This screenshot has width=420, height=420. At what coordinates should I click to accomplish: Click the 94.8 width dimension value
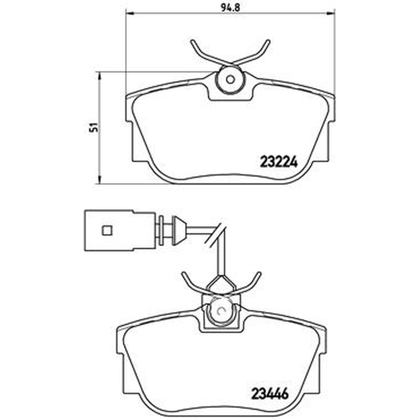[x=230, y=7]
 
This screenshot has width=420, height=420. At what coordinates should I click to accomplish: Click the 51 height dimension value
[x=94, y=128]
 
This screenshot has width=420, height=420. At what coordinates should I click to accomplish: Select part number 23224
[x=279, y=162]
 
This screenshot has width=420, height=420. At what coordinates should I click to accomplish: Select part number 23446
[x=270, y=394]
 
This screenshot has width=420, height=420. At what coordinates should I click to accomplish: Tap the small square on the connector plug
[x=107, y=230]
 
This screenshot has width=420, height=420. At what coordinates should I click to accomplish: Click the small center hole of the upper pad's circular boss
[x=230, y=79]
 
